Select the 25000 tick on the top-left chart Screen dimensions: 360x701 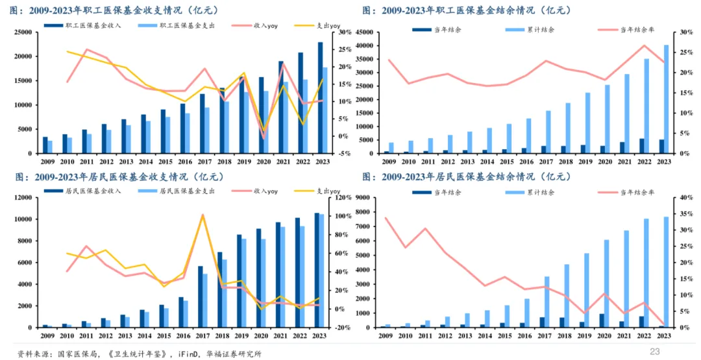23,32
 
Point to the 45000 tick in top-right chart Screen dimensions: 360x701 372,32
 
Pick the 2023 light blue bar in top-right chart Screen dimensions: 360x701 665,99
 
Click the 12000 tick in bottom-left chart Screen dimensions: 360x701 23,197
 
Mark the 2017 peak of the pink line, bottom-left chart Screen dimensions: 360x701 202,215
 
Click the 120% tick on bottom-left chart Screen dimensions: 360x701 346,197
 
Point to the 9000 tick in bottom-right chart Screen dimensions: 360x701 374,197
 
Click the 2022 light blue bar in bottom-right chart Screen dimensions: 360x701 646,273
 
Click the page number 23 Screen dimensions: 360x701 654,351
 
